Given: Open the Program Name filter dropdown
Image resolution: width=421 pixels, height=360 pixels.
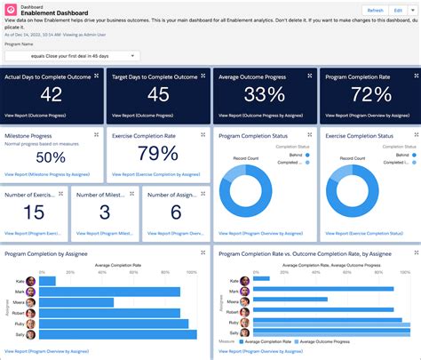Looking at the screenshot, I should point(71,55).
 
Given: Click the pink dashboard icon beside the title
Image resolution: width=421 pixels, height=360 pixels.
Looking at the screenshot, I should point(10,10).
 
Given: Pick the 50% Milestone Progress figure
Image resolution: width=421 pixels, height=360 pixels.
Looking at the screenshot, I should point(51,157).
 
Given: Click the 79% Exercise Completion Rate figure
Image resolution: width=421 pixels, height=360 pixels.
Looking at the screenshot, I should point(157,155).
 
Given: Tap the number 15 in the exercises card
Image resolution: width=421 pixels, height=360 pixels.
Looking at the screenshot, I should point(34,212).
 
